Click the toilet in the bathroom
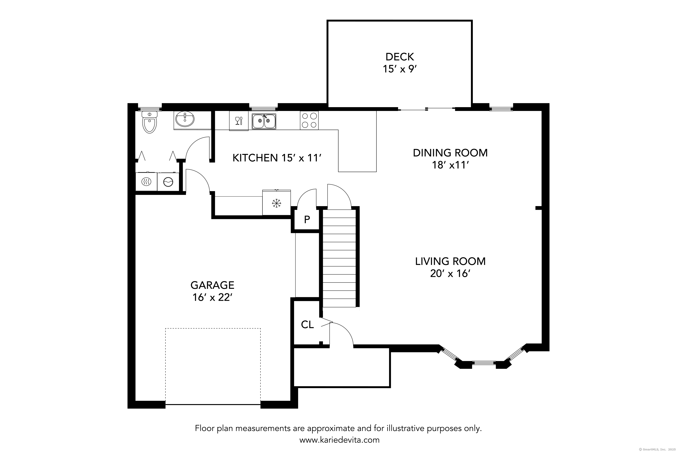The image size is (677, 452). click(149, 123)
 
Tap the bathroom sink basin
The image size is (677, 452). click(185, 119)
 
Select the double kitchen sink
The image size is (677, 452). click(264, 121)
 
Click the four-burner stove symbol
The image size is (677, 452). click(309, 120)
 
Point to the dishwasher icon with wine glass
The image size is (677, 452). click(239, 121)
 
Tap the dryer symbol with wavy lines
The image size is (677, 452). click(146, 182)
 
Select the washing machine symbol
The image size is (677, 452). click(168, 182)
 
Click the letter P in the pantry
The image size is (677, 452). click(307, 220)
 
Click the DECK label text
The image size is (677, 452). click(399, 57)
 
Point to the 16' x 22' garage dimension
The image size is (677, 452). click(212, 297)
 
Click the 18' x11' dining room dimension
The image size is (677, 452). click(450, 165)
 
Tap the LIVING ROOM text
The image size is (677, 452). click(450, 261)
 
